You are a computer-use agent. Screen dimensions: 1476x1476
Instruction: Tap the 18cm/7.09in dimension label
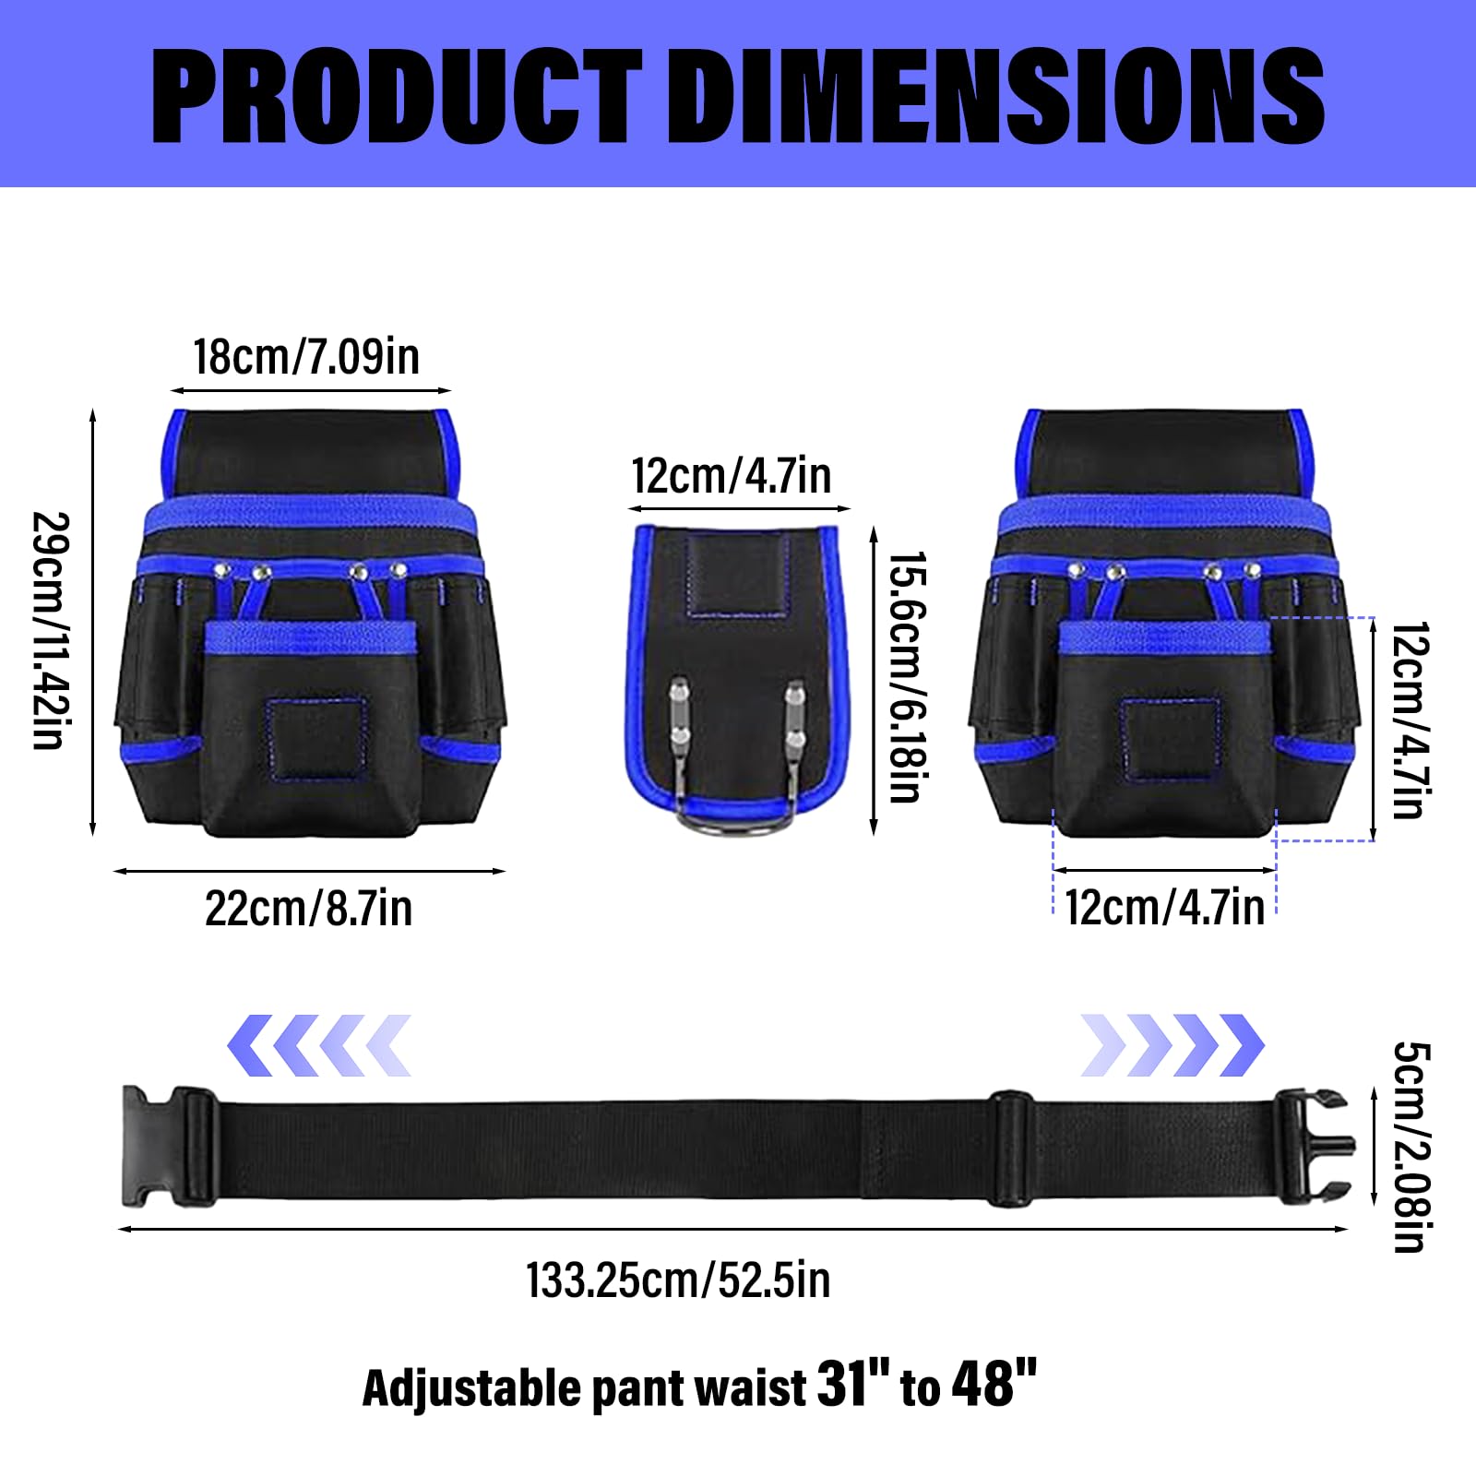pyautogui.click(x=306, y=356)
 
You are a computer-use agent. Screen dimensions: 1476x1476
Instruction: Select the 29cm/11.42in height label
pyautogui.click(x=52, y=630)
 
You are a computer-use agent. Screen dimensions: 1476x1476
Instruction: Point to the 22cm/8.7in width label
pyautogui.click(x=308, y=909)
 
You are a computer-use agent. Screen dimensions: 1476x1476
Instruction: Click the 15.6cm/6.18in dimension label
pyautogui.click(x=907, y=677)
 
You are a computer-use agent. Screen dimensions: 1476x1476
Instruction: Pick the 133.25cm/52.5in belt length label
pyautogui.click(x=678, y=1280)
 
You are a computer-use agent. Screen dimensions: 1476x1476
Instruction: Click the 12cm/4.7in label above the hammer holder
pyautogui.click(x=731, y=476)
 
